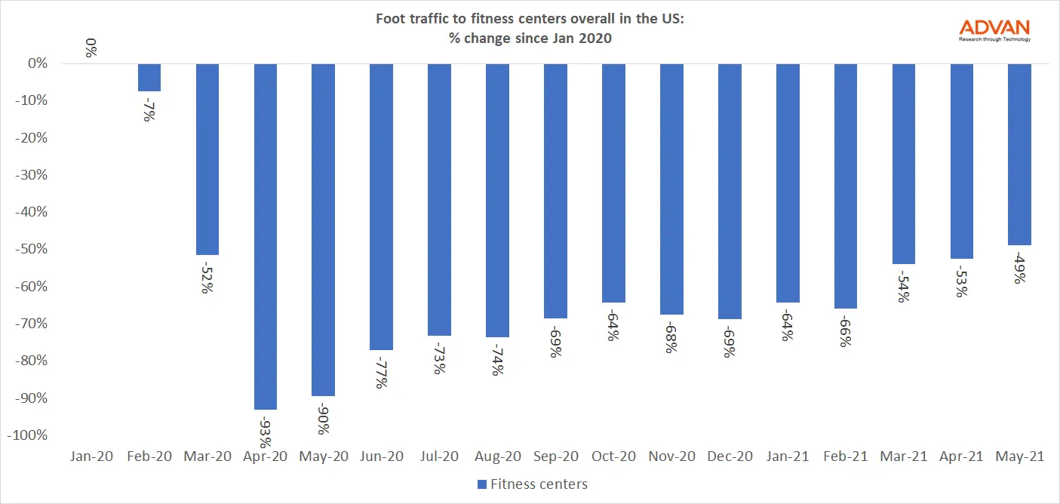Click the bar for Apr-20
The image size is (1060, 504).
click(x=265, y=236)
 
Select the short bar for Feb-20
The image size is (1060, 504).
click(x=149, y=78)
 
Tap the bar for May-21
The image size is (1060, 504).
click(x=1019, y=155)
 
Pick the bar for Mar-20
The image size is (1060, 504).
click(x=207, y=159)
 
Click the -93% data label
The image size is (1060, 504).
click(x=265, y=430)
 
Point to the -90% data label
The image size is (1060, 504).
click(x=323, y=418)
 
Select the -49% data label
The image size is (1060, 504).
click(x=1019, y=267)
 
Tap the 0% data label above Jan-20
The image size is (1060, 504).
click(x=91, y=51)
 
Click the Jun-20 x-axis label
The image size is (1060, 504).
click(x=381, y=456)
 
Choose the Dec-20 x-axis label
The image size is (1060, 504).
click(x=729, y=456)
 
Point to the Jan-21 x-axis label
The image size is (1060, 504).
click(x=787, y=456)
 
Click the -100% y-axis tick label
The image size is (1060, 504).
click(x=29, y=435)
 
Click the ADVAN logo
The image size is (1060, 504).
click(x=994, y=30)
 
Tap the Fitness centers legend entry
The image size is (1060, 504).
click(x=532, y=484)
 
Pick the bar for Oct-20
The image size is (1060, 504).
click(x=613, y=183)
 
